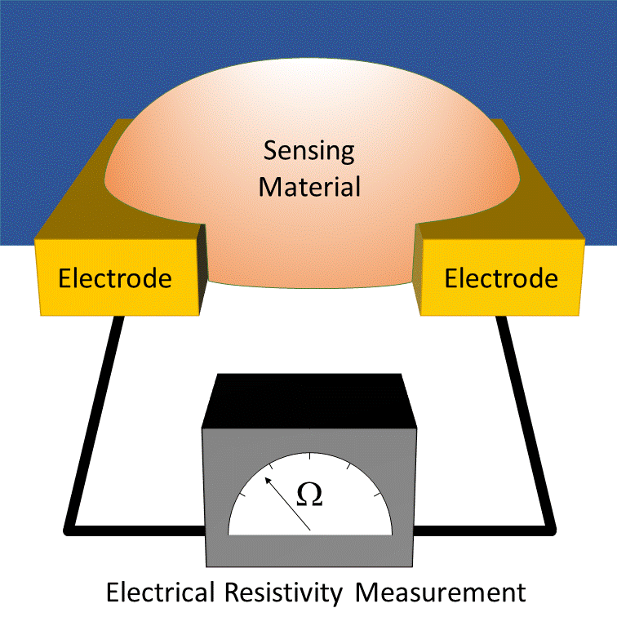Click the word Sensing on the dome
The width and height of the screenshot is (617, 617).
click(308, 152)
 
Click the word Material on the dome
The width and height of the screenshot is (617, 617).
click(309, 187)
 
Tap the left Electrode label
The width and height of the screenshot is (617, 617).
click(115, 278)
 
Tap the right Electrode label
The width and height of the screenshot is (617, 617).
click(501, 278)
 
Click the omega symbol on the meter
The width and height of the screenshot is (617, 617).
click(309, 495)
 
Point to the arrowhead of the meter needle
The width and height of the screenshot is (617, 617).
click(268, 481)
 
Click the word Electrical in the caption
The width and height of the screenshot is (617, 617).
click(161, 592)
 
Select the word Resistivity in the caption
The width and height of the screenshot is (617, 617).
click(284, 593)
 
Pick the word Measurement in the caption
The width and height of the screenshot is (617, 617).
click(441, 593)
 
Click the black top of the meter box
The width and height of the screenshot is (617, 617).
click(309, 401)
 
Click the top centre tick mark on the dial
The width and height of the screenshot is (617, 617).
click(310, 456)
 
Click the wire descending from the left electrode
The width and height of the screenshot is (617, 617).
click(95, 421)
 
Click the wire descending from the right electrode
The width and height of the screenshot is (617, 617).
click(526, 421)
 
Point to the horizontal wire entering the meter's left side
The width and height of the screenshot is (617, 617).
click(135, 530)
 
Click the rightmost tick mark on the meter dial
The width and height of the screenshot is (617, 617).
click(377, 495)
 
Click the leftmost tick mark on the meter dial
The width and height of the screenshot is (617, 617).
click(242, 495)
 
